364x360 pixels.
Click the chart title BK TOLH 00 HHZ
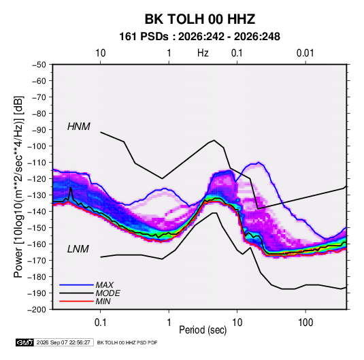[200, 19]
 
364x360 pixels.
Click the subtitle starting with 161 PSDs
[199, 37]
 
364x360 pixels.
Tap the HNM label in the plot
[79, 127]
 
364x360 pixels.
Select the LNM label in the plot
[78, 249]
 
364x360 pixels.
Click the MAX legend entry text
[105, 285]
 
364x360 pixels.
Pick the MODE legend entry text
[108, 293]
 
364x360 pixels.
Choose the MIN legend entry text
[103, 301]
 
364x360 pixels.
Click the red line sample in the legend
[76, 301]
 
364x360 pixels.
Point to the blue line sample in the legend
[76, 285]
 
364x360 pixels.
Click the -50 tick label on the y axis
[39, 65]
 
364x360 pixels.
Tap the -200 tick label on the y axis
[37, 310]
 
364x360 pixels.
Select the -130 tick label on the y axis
[37, 195]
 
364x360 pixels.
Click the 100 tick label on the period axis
[305, 323]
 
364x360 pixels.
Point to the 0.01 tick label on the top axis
[305, 53]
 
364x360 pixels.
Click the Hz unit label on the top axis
[203, 53]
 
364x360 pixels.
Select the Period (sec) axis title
[203, 330]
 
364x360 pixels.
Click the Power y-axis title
[18, 186]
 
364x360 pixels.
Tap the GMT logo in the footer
[25, 342]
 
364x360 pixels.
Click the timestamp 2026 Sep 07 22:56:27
[63, 342]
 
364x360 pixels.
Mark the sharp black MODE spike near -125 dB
[71, 187]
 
